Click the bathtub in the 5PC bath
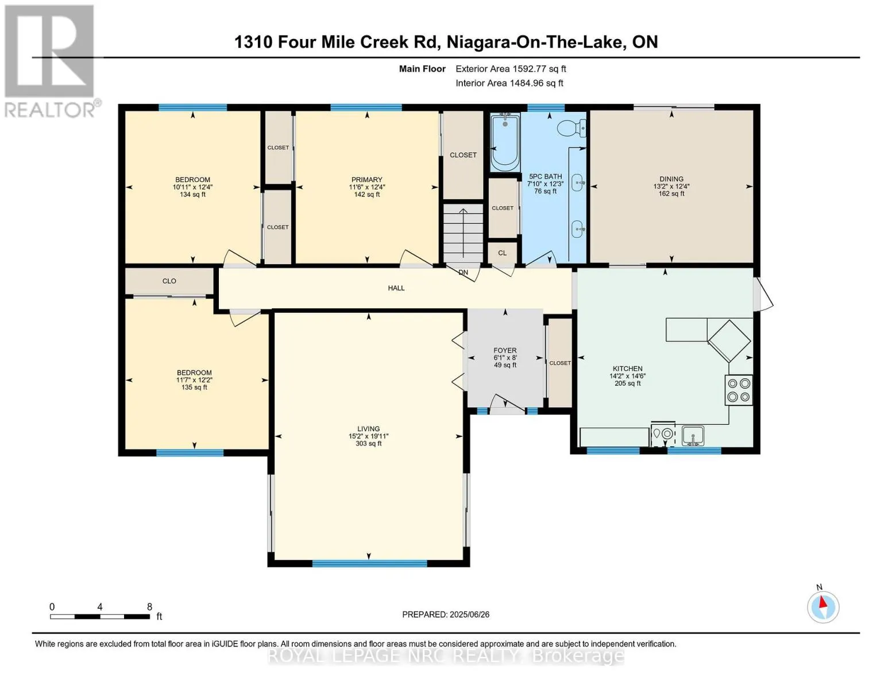[505, 142]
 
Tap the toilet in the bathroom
[571, 127]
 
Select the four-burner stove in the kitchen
[739, 390]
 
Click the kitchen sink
[693, 436]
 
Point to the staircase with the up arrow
[463, 233]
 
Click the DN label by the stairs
[463, 273]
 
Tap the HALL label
[396, 288]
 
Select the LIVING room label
[368, 429]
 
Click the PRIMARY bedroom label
[366, 180]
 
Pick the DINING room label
[671, 179]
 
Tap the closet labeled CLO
[169, 281]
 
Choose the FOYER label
[505, 350]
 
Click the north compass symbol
[823, 607]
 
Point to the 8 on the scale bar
[149, 607]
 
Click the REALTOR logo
[51, 61]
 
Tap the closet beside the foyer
[560, 363]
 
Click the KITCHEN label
[627, 369]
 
